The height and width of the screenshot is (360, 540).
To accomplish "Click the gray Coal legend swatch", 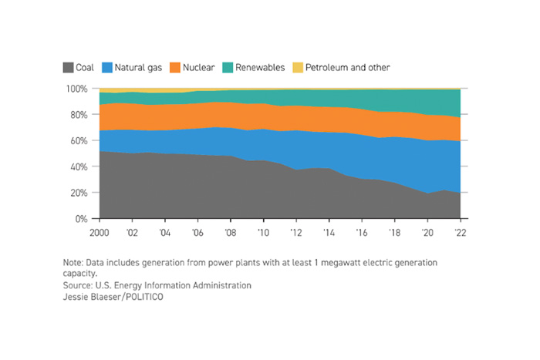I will (x=68, y=68).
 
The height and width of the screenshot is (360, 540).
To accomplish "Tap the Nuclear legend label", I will (x=199, y=68).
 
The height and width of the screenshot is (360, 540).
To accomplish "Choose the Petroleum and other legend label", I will (x=347, y=68).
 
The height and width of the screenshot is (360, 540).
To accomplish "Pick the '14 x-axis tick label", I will (x=329, y=231).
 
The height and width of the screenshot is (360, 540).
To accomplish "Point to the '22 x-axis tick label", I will (x=461, y=231).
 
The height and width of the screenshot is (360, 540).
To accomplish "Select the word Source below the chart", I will (x=79, y=285).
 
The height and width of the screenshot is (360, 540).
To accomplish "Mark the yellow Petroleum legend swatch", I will (x=298, y=68).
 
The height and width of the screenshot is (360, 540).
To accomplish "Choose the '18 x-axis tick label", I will (x=395, y=231).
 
